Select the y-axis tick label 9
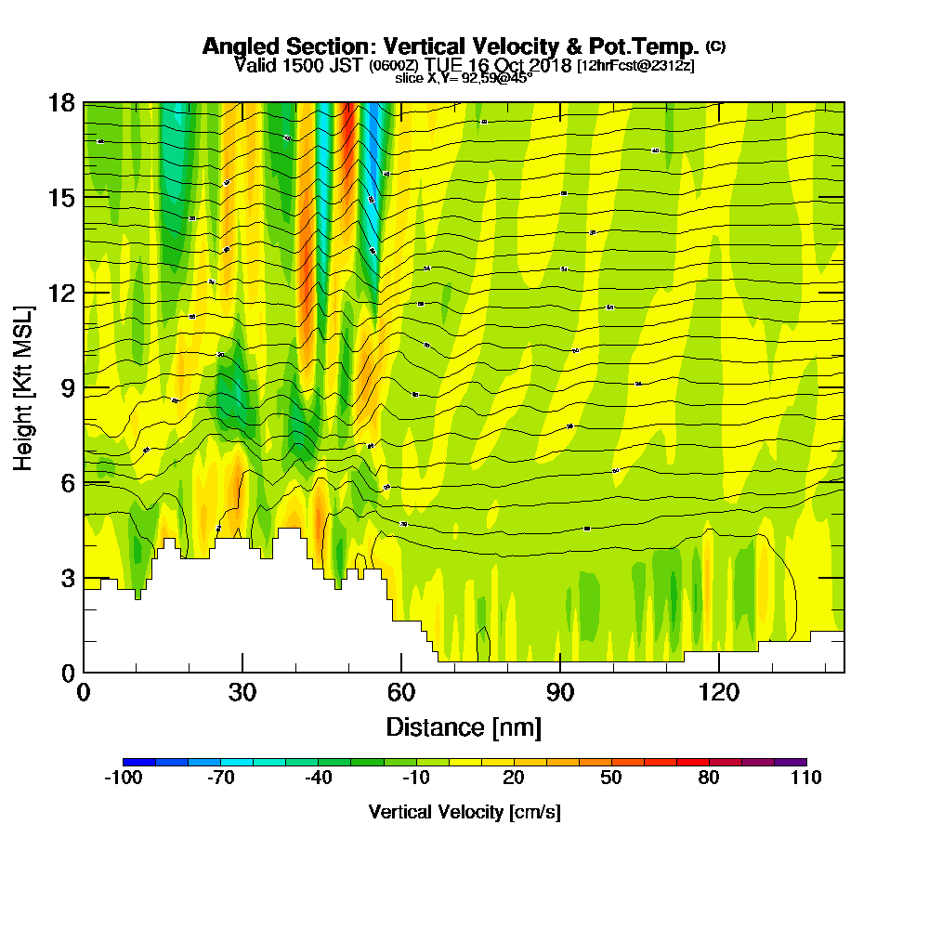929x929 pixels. click(x=67, y=387)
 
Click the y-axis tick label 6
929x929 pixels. click(x=67, y=483)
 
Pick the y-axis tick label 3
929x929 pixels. click(x=67, y=578)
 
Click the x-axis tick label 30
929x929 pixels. click(x=242, y=692)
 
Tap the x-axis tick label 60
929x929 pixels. click(x=401, y=692)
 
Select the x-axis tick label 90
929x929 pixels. click(x=560, y=692)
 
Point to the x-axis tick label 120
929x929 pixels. click(x=719, y=692)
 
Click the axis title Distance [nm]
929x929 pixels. click(x=464, y=726)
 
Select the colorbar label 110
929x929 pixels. click(x=806, y=779)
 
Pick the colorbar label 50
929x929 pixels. click(x=610, y=779)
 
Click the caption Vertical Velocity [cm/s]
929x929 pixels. click(x=464, y=812)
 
